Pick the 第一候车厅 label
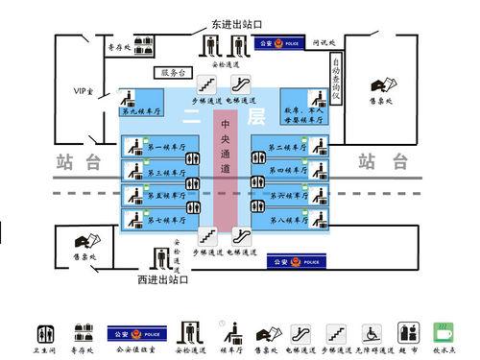pos(162,146)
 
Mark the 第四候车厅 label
pos(285,170)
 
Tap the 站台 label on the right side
pos(378,161)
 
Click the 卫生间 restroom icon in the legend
pos(45,333)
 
